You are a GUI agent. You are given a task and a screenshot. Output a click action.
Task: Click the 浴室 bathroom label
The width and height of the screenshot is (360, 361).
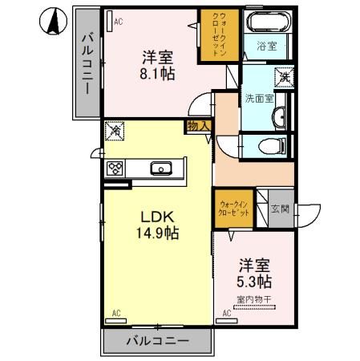(267, 47)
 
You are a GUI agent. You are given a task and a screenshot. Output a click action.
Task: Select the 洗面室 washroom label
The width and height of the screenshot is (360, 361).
(258, 98)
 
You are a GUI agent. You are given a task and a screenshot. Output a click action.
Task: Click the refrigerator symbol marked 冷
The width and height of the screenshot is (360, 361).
(115, 129)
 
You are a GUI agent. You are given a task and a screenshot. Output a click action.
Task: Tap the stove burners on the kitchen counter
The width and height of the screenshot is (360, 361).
(115, 168)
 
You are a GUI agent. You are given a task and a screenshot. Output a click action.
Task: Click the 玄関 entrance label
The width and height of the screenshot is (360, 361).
(280, 209)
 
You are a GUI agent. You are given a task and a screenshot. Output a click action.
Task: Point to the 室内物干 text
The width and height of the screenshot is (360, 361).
(253, 301)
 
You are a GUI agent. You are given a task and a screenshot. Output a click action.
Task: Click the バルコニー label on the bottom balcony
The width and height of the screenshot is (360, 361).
(158, 341)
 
